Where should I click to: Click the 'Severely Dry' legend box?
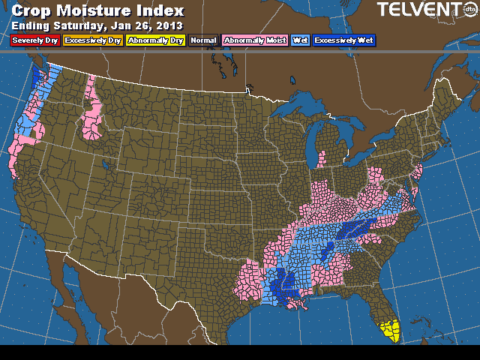pos(31,40)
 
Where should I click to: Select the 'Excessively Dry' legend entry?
pos(92,40)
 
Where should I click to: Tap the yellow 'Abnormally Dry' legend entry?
pos(155,40)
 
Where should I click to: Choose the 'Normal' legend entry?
pos(204,40)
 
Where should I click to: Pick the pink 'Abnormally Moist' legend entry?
pos(255,40)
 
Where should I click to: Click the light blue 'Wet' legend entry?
pos(301,40)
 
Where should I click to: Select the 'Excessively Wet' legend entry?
pos(344,40)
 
